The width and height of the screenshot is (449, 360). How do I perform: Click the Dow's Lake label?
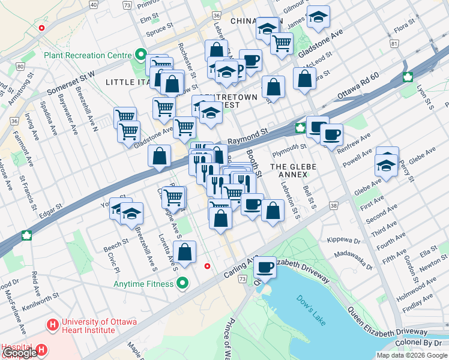(x=310, y=310)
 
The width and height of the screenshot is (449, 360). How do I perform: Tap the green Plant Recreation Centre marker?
(x=141, y=55)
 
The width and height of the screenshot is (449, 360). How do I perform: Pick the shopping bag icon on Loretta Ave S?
(x=186, y=252)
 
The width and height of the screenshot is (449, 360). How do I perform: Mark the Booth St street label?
(x=255, y=162)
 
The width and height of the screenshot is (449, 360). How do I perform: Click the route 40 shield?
(x=93, y=5)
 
